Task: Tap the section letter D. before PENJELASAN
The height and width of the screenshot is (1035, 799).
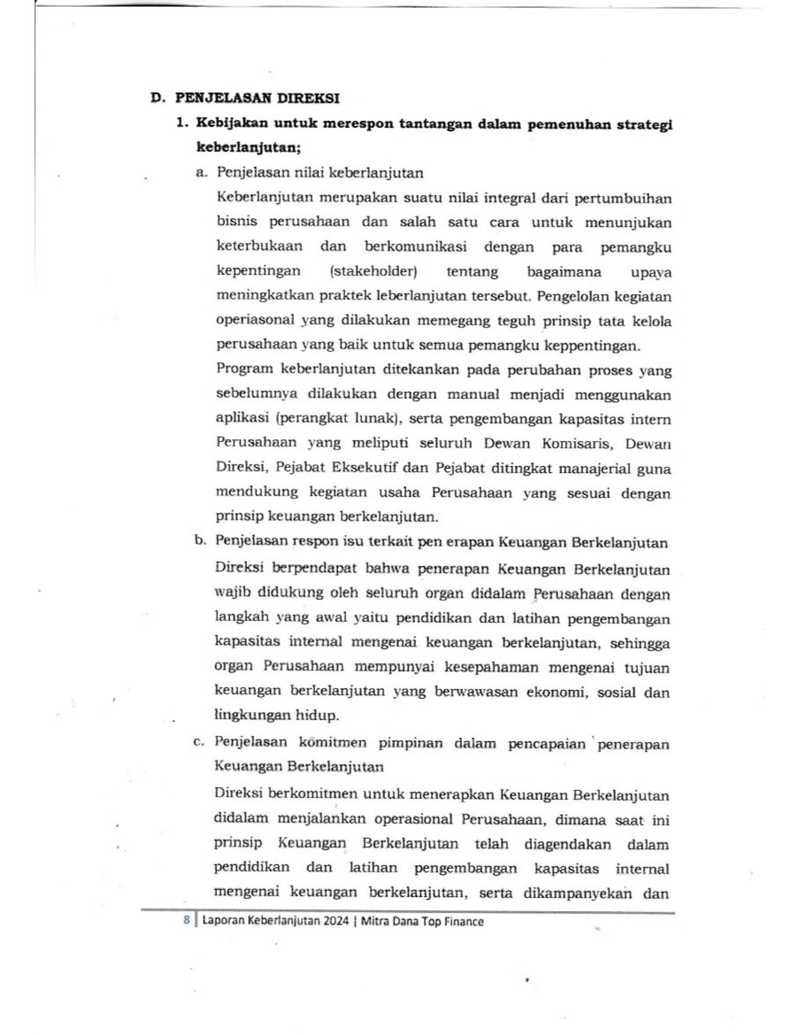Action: pyautogui.click(x=157, y=98)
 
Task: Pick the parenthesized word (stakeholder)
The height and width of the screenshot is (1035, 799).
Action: pyautogui.click(x=373, y=272)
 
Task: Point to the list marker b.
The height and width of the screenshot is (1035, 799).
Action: pyautogui.click(x=200, y=541)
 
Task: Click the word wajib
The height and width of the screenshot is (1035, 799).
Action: pyautogui.click(x=231, y=593)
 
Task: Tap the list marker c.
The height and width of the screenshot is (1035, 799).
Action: pyautogui.click(x=199, y=742)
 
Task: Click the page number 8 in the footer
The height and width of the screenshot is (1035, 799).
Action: pyautogui.click(x=186, y=920)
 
